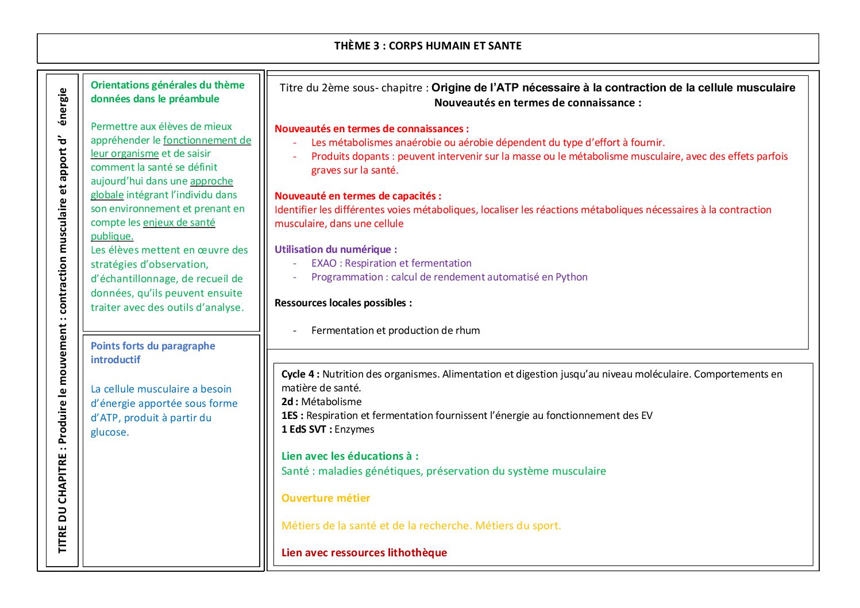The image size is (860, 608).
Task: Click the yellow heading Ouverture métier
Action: (x=326, y=499)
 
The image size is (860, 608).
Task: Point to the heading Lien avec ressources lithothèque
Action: (x=364, y=553)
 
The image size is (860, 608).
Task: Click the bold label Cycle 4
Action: (x=299, y=375)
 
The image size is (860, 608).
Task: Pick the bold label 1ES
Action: (x=291, y=416)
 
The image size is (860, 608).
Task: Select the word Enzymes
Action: (x=354, y=430)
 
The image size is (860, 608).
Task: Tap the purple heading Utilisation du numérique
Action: (x=335, y=250)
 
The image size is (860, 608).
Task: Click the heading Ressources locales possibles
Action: (x=343, y=303)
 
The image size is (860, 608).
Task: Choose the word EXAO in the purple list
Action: (x=324, y=264)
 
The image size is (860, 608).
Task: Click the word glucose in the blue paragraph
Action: (x=109, y=433)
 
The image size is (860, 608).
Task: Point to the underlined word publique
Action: (x=112, y=237)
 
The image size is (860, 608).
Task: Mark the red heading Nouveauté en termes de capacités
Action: (x=357, y=197)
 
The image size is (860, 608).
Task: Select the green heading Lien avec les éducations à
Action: (x=349, y=457)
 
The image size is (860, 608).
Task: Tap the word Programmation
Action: (x=347, y=278)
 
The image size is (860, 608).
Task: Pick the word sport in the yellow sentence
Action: (x=545, y=526)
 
